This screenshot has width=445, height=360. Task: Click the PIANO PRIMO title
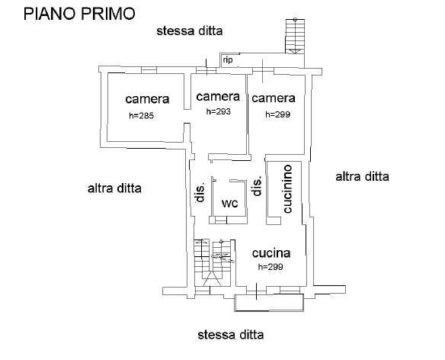click(79, 14)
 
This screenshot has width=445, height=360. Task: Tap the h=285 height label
click(141, 116)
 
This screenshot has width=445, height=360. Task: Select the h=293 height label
click(218, 111)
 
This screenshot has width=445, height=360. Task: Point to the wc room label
click(229, 203)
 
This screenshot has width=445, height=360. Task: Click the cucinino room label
click(288, 188)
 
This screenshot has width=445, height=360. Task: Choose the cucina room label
click(271, 253)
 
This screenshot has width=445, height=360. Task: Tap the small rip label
click(228, 60)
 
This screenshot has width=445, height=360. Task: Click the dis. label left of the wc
click(200, 192)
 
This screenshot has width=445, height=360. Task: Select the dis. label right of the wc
click(257, 186)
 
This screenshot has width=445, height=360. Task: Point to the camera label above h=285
click(147, 99)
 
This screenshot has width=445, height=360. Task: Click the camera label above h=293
click(218, 96)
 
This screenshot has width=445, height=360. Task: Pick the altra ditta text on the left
click(114, 188)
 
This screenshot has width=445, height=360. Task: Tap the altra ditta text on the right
click(362, 176)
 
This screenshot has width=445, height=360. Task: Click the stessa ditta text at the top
click(190, 31)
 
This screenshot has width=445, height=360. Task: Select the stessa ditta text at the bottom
click(231, 335)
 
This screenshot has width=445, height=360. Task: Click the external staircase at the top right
click(295, 36)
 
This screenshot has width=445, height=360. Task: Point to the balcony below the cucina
click(269, 303)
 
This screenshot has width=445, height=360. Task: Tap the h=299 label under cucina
click(271, 267)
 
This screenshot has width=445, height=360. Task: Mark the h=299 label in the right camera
click(278, 114)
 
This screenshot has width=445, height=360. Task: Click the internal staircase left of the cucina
click(213, 263)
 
